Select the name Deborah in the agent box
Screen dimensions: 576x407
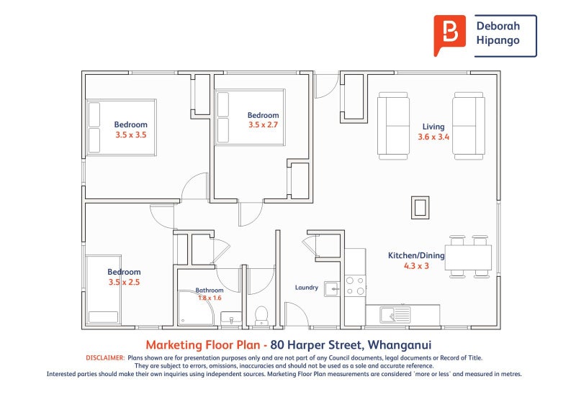(498, 26)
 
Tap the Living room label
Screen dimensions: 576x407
(433, 127)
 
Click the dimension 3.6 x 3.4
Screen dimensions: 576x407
(433, 137)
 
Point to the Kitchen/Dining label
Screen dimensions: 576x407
(416, 255)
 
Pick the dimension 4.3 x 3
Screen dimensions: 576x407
(416, 266)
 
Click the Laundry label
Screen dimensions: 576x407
(307, 288)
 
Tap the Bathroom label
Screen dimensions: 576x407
(210, 290)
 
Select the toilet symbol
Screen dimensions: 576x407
(261, 316)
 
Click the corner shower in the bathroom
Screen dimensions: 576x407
(195, 308)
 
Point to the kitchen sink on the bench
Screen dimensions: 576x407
(395, 315)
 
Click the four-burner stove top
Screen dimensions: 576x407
(355, 286)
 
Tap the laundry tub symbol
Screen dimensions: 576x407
(332, 289)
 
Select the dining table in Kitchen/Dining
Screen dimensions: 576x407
(469, 257)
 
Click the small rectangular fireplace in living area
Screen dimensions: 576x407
(420, 207)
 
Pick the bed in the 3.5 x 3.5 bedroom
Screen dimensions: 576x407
(121, 127)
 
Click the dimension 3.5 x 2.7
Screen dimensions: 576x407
(263, 125)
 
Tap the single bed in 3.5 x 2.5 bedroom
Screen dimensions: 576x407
(104, 290)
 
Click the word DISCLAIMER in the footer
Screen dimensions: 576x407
(105, 358)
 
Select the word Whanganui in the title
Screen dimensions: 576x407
(400, 345)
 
